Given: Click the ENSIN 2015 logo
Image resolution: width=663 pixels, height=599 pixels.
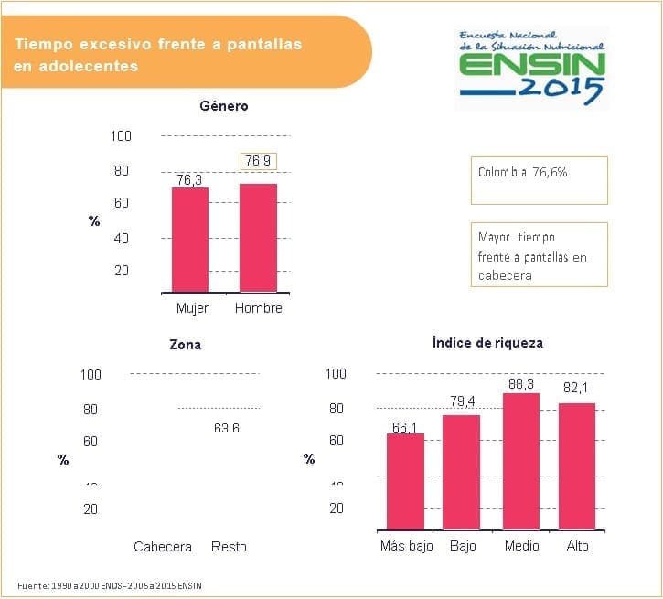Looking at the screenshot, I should pos(531,66).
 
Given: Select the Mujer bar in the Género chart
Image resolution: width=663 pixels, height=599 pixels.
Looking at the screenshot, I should pos(190,239).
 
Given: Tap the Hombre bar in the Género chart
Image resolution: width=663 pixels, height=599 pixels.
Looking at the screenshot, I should pos(258,237).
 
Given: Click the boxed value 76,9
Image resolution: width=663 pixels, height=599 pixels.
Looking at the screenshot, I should pos(258,161).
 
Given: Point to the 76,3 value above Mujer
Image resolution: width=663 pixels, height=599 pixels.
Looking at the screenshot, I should pos(190,180).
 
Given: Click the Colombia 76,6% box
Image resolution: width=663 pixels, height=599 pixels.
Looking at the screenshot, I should pos(538,179).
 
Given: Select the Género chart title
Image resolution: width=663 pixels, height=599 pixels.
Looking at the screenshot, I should pos(224,106).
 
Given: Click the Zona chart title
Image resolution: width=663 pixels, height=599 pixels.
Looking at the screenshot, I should pos(186,345).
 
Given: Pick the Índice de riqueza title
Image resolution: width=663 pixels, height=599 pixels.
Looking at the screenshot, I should pos(487,343).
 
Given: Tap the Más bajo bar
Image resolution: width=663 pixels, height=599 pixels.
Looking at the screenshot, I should pos(405,480).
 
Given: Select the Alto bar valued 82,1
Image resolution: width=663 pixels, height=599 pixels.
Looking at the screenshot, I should pos(577,465).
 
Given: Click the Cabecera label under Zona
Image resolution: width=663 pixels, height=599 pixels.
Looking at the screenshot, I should pos(163,547).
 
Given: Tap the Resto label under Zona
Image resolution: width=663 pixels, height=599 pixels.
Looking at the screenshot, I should pos(229,547).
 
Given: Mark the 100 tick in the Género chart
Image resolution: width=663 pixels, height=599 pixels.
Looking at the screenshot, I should pos(122,136).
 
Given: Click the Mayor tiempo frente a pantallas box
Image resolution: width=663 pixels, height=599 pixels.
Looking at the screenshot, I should pos(538,255).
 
